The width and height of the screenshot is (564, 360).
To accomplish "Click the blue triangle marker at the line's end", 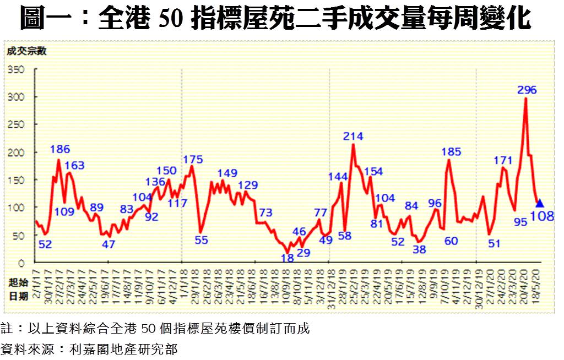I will click(x=540, y=203).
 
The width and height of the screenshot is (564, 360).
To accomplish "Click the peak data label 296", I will click(x=527, y=90).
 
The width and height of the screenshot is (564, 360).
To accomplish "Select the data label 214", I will click(x=353, y=137).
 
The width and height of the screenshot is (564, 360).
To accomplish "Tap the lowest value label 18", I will click(x=287, y=257).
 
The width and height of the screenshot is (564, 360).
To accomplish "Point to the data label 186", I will click(x=59, y=149).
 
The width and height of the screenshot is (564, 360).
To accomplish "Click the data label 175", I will click(x=193, y=160).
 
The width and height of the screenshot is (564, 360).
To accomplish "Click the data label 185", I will click(x=451, y=151).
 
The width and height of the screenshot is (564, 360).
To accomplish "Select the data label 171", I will click(x=503, y=160).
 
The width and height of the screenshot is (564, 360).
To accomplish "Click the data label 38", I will click(x=419, y=249).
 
